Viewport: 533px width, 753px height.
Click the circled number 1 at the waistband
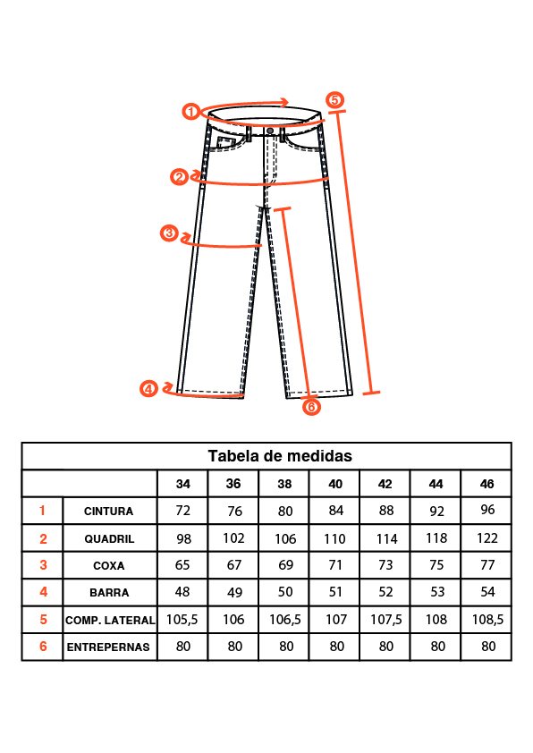[191, 112]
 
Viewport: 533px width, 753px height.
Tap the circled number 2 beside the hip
[179, 177]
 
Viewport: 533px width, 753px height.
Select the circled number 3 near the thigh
[169, 233]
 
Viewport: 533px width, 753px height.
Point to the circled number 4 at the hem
[148, 388]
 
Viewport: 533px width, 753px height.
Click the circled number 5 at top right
[334, 100]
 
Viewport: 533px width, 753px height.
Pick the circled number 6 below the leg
[311, 407]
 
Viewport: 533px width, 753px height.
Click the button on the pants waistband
[270, 131]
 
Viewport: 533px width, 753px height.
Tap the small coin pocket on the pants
[224, 142]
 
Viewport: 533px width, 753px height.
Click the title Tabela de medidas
[280, 456]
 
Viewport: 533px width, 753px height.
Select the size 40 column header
[335, 484]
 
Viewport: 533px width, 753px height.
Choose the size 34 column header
[183, 484]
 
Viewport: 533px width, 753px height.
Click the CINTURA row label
[108, 512]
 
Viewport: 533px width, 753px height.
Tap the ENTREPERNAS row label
[108, 647]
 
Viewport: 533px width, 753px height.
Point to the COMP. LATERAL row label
[110, 621]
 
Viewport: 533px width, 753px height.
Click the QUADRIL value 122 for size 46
[486, 538]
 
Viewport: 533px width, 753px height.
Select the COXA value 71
[335, 565]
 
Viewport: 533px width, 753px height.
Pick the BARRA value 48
[182, 592]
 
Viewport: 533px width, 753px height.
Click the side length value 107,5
[385, 620]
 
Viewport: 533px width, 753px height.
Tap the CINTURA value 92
[436, 511]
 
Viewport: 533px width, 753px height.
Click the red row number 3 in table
[43, 565]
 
